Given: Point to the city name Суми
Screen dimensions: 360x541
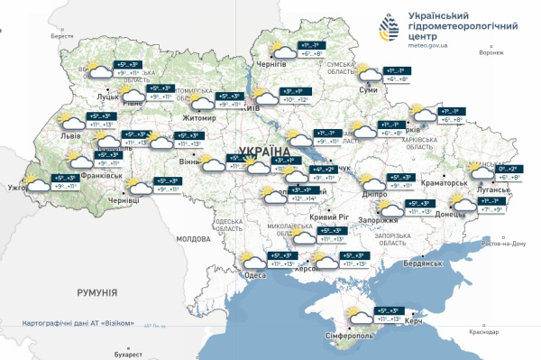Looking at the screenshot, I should (x=368, y=92).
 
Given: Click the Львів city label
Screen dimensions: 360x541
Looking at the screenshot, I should (x=70, y=135).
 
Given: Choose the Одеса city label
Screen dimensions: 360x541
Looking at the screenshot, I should (x=255, y=276).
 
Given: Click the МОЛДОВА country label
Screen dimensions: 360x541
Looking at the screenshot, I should (x=192, y=239).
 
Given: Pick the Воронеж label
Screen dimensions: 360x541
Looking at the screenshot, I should (x=491, y=52).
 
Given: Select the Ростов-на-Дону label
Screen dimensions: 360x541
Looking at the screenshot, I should (x=505, y=245).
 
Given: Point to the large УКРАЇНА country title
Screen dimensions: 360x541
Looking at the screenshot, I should (x=264, y=151).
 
